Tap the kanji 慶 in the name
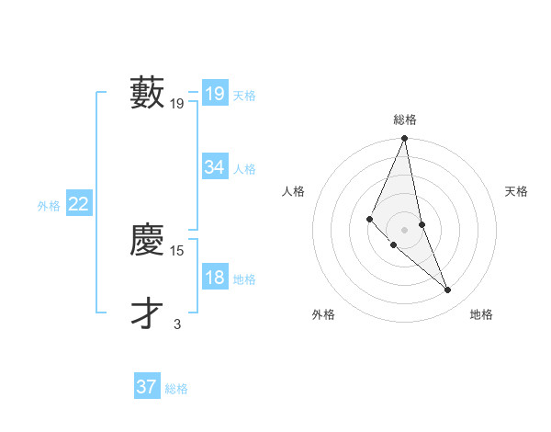[x=148, y=240]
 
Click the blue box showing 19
[x=214, y=94]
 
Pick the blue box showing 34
[x=214, y=167]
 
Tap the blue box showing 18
[x=214, y=279]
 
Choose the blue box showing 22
[x=78, y=204]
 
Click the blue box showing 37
[x=146, y=387]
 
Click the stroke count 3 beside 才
[x=177, y=324]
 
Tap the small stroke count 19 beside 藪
[x=177, y=104]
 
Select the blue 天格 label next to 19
[x=244, y=96]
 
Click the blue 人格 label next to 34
[x=244, y=169]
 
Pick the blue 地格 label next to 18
[x=244, y=279]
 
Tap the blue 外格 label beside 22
[x=49, y=206]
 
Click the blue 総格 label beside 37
[x=176, y=389]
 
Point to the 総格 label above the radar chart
[x=404, y=119]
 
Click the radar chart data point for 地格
[x=448, y=290]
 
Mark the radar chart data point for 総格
[x=404, y=139]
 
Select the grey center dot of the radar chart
[x=404, y=229]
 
